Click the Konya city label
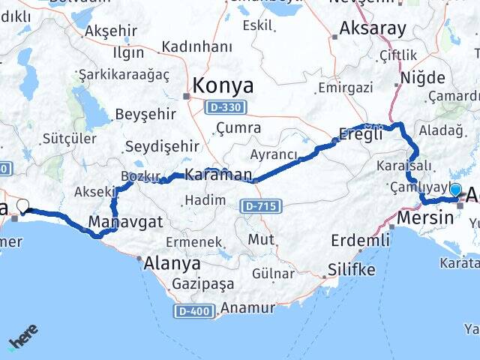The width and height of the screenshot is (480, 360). [223, 85]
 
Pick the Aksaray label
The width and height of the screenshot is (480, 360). [373, 28]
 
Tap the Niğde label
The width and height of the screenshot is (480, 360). [422, 78]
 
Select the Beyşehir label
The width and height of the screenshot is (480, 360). [145, 114]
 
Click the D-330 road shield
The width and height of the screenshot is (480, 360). [223, 108]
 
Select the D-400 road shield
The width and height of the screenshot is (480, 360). [193, 310]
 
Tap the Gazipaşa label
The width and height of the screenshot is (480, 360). [202, 285]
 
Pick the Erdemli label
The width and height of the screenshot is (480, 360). [361, 241]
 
